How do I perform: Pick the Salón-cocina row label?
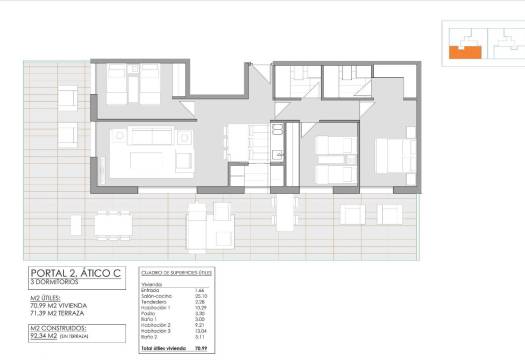point(155,296)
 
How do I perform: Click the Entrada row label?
point(151,290)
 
